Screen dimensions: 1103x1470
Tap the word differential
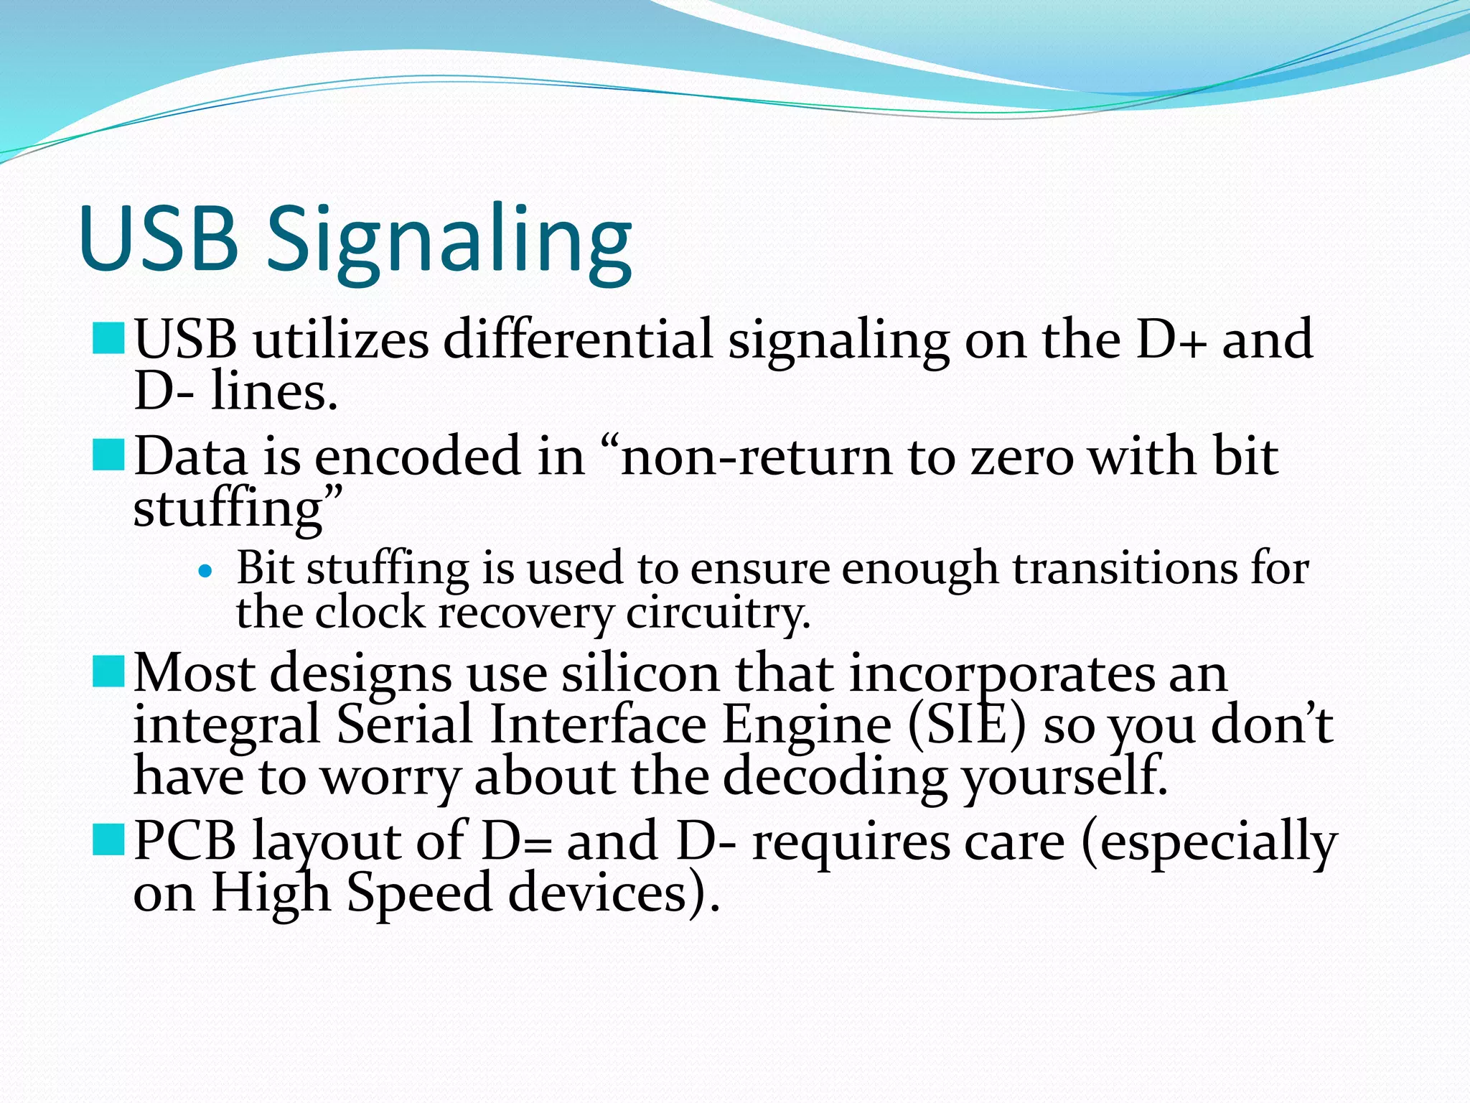[x=578, y=339]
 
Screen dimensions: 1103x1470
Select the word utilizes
[x=341, y=339]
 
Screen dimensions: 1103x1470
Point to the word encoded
[x=418, y=457]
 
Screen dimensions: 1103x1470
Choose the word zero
[x=1022, y=457]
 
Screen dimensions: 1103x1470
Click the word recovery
[x=526, y=614]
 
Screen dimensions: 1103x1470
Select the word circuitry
[x=718, y=614]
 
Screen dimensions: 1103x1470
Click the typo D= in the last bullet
[x=516, y=841]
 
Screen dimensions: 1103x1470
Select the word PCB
[x=184, y=841]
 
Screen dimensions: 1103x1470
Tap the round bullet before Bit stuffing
[x=206, y=572]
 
